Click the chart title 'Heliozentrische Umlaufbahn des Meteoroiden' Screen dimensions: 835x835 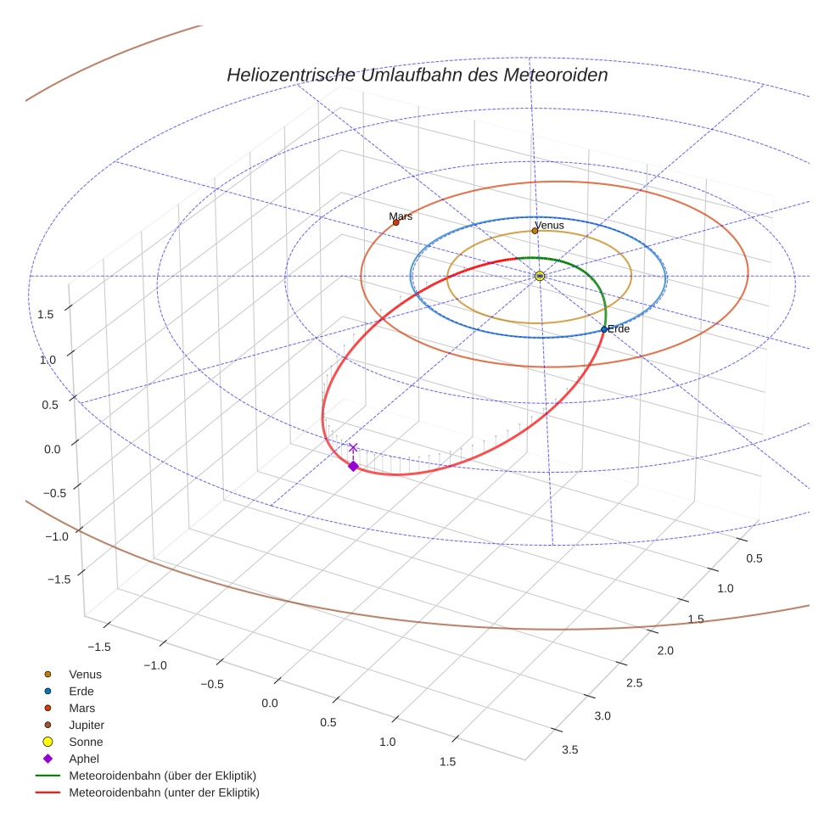coord(417,75)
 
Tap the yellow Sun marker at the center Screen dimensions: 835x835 coord(540,276)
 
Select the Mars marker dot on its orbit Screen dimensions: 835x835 coord(395,222)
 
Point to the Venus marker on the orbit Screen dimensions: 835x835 coord(535,231)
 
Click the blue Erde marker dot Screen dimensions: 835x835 coord(604,329)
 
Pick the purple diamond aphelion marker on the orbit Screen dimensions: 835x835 coord(353,466)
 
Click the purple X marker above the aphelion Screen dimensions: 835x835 coord(353,447)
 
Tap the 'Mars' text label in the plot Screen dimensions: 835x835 coord(401,216)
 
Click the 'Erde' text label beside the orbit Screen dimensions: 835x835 coord(619,328)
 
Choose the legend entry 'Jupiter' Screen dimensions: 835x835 coord(86,725)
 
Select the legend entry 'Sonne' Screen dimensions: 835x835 coord(86,742)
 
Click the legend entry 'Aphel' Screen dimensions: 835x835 coord(83,759)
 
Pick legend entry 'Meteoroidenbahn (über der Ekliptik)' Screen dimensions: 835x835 coord(162,776)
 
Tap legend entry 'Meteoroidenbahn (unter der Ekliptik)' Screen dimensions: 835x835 coord(164,793)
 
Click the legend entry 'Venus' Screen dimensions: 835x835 coord(85,674)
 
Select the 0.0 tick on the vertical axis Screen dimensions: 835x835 coord(53,449)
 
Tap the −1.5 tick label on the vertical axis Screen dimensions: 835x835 coord(57,579)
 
